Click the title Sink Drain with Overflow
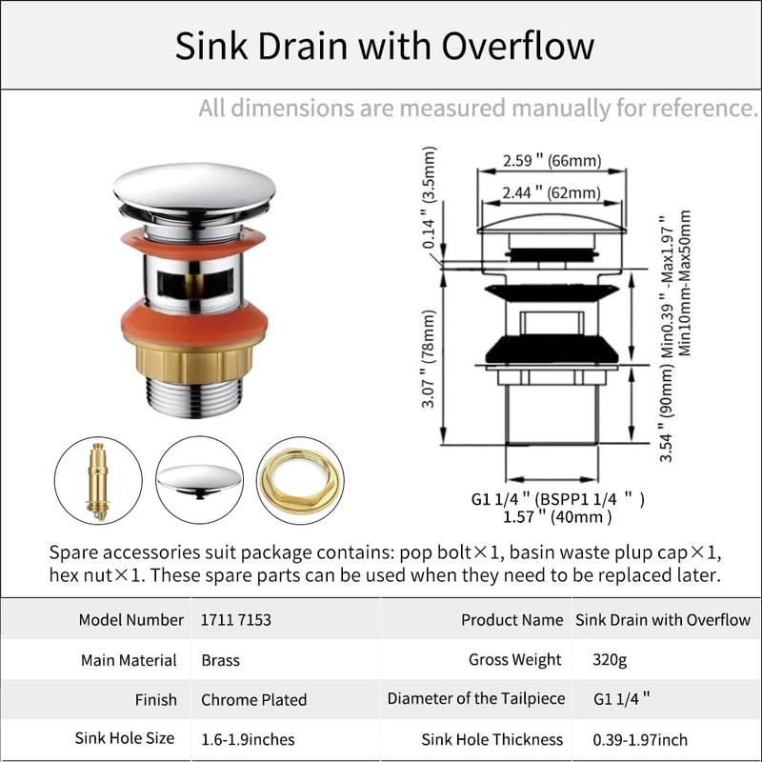[x=384, y=46]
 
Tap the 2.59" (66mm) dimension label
[x=551, y=160]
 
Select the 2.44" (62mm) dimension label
[x=551, y=192]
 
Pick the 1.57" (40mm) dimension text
[x=557, y=517]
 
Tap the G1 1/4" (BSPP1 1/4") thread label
[x=557, y=497]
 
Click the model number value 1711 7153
[x=236, y=620]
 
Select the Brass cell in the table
[x=220, y=660]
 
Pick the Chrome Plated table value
[x=253, y=700]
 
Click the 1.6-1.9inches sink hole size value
[x=248, y=739]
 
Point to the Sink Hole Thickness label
[x=491, y=739]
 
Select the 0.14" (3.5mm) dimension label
[x=431, y=194]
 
